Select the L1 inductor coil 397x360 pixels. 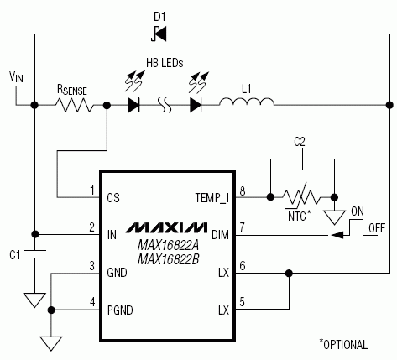tap(246, 105)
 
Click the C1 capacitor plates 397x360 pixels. tap(34, 253)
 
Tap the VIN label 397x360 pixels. tap(17, 76)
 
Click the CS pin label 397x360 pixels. tap(113, 199)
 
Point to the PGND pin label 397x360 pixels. tap(119, 310)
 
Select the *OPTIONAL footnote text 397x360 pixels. tap(343, 344)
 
